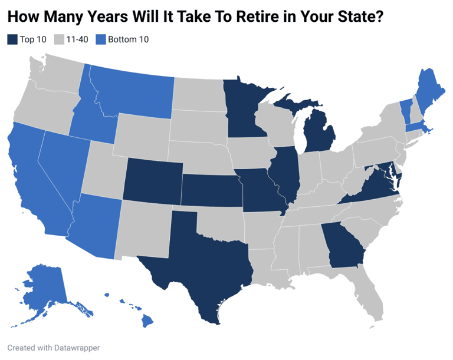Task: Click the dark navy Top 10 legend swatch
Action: [12, 39]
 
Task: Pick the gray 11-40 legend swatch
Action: [58, 39]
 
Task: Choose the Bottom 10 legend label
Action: [128, 39]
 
